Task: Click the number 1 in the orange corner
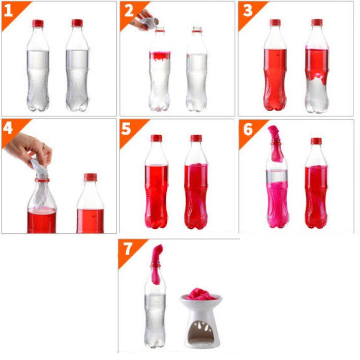point(8,11)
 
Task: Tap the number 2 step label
point(129,11)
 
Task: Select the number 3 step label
point(248,11)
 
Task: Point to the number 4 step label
point(8,128)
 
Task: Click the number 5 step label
point(126,129)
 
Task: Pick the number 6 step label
point(248,129)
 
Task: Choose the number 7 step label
point(128,249)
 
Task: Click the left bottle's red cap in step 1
point(38,23)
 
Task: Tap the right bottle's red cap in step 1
point(77,23)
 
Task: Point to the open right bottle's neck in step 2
point(197,29)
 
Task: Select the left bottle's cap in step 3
point(275,22)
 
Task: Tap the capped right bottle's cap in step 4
point(90,177)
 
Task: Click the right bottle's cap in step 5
point(196,138)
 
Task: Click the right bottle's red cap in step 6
point(316,141)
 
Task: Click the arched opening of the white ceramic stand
point(200,332)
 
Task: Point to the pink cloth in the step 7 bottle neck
point(157,264)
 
